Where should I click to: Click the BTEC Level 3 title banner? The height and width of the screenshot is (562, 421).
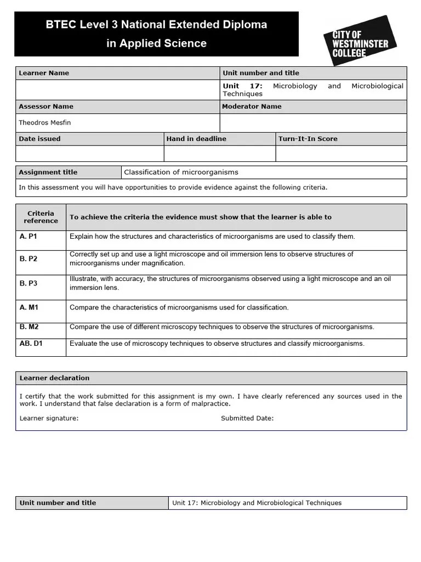point(157,34)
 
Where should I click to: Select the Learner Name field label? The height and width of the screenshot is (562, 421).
point(44,73)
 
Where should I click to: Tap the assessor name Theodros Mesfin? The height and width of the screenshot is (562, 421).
point(45,123)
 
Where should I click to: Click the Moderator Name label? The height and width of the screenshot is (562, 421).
point(252,106)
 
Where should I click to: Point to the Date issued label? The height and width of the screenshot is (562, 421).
point(39,139)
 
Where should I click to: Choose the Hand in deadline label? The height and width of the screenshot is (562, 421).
point(196,139)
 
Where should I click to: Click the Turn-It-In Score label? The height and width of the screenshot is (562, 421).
point(308,139)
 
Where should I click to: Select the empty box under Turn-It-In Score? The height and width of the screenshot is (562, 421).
point(341,153)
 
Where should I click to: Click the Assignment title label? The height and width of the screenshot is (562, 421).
point(48,172)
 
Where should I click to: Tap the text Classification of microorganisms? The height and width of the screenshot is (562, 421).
point(181,172)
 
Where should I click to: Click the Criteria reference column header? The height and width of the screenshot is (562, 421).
point(41,217)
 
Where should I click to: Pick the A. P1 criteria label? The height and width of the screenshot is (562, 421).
point(29,237)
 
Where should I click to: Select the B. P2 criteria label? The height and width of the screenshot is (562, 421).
point(29,258)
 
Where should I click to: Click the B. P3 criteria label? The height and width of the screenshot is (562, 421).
point(29,283)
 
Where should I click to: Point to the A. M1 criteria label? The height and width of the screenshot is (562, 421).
point(29,308)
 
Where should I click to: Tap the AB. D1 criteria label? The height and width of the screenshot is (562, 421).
point(31,344)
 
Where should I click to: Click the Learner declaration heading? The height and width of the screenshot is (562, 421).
point(54,378)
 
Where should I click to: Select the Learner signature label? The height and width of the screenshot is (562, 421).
point(49,418)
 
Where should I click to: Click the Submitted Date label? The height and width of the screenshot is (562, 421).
point(247,418)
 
